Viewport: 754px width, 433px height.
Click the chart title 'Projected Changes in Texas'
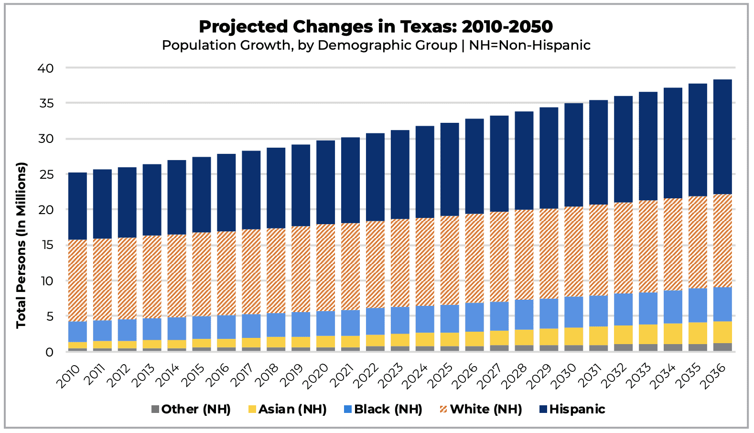(x=376, y=26)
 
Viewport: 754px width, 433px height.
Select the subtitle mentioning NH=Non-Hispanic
(x=376, y=45)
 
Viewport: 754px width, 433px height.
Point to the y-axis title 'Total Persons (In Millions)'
(x=21, y=245)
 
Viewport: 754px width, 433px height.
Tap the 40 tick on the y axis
(x=46, y=68)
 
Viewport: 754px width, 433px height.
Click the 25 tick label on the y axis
(x=46, y=174)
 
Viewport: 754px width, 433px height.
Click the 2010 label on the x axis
(x=69, y=376)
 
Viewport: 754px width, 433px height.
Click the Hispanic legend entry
(x=577, y=409)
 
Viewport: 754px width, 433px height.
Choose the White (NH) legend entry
(x=485, y=409)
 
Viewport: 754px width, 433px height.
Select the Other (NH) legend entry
(x=195, y=409)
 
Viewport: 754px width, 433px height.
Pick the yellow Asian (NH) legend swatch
(x=252, y=410)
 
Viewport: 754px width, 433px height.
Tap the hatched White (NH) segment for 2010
(x=77, y=281)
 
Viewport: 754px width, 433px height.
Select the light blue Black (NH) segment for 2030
(x=573, y=312)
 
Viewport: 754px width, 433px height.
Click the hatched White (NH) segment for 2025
(x=450, y=260)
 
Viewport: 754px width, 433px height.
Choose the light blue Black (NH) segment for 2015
(x=202, y=327)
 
